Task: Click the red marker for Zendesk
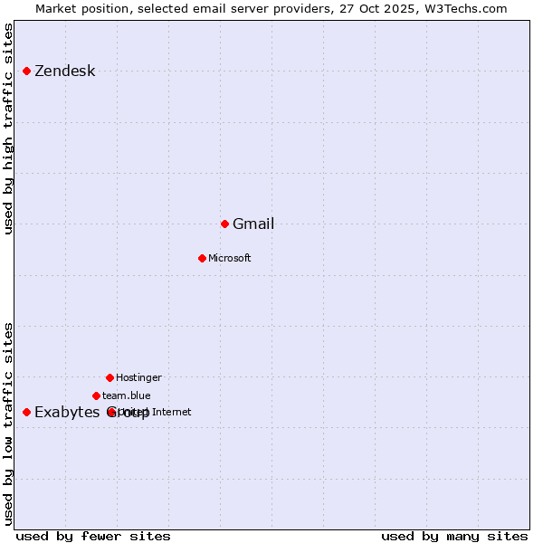pos(27,71)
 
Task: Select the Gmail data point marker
pos(224,224)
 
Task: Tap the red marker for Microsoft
pos(202,258)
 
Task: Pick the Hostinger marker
pos(110,377)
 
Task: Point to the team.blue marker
pos(96,395)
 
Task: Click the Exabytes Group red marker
pos(27,412)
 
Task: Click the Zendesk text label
pos(64,71)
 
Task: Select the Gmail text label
pos(253,224)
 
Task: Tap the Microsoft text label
pos(230,259)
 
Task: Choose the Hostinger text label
pos(139,378)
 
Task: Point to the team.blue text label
pos(127,396)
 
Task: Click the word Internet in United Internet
pos(172,413)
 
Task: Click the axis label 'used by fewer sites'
pos(93,537)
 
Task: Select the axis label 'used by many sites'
pos(454,537)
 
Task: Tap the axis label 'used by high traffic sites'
pos(9,129)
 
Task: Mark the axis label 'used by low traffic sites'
pos(9,424)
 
